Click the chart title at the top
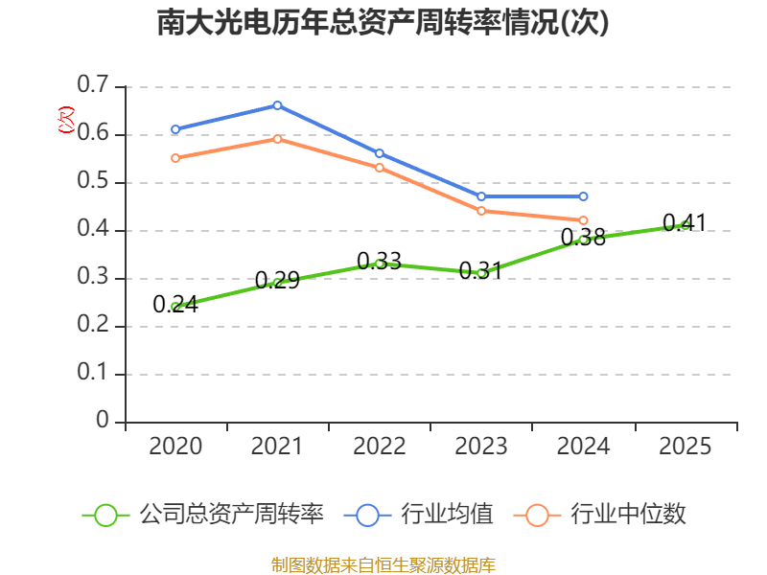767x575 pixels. pyautogui.click(x=383, y=23)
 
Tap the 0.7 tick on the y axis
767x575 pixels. pyautogui.click(x=95, y=86)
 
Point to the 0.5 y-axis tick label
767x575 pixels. pyautogui.click(x=95, y=182)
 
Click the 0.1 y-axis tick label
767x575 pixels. pyautogui.click(x=95, y=374)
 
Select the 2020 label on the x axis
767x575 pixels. pyautogui.click(x=175, y=447)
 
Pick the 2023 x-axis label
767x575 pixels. pyautogui.click(x=481, y=447)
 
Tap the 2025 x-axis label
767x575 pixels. pyautogui.click(x=686, y=447)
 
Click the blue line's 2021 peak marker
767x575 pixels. pyautogui.click(x=277, y=105)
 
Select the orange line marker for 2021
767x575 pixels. pyautogui.click(x=277, y=139)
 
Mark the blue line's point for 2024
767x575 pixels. pyautogui.click(x=583, y=196)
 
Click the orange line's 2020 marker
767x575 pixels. pyautogui.click(x=175, y=158)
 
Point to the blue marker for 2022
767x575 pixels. pyautogui.click(x=380, y=153)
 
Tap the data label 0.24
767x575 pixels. pyautogui.click(x=175, y=305)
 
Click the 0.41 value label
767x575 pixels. pyautogui.click(x=685, y=223)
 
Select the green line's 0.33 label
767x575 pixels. pyautogui.click(x=379, y=261)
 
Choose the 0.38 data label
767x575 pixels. pyautogui.click(x=583, y=237)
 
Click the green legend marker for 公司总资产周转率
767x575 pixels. pyautogui.click(x=105, y=515)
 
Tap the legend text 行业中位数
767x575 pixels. pyautogui.click(x=628, y=515)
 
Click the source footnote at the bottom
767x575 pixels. pyautogui.click(x=383, y=564)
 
